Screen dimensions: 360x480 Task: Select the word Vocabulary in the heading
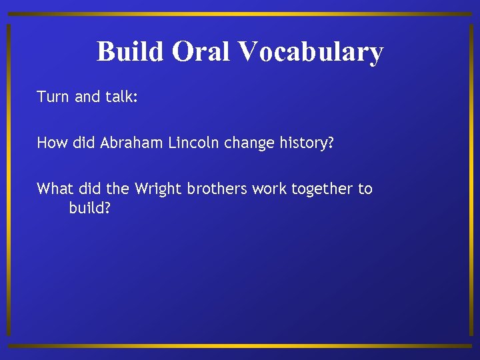[x=310, y=51]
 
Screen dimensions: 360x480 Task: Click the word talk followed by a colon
[x=121, y=97]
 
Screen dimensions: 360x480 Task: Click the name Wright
[x=159, y=189]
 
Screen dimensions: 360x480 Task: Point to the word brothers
[x=218, y=189]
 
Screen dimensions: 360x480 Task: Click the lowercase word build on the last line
[x=89, y=208]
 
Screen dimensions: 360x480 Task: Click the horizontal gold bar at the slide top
[x=240, y=14]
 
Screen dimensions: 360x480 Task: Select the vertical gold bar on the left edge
[x=8, y=180]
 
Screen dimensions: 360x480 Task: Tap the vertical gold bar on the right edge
[x=471, y=180]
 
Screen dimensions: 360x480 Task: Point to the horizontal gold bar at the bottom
[x=240, y=346]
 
